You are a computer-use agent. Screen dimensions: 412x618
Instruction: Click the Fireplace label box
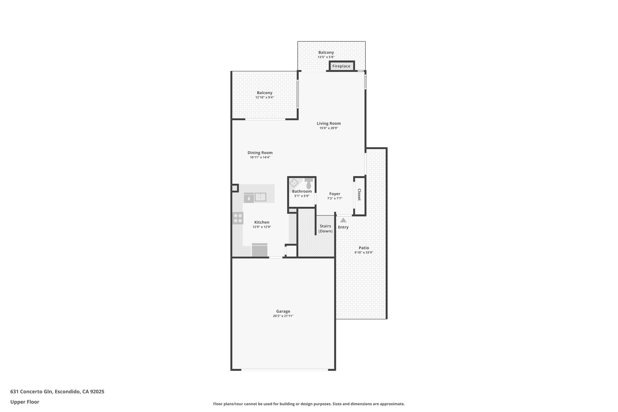tap(341, 66)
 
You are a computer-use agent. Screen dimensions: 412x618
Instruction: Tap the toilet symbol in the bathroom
tap(308, 184)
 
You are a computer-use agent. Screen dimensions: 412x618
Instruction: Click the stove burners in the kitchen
tap(238, 218)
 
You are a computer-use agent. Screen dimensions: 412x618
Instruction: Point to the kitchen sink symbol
tap(260, 197)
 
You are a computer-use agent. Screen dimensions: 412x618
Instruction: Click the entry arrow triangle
tap(343, 220)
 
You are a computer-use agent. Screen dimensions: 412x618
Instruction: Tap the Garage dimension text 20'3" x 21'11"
tap(283, 316)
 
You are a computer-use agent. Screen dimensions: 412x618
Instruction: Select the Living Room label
tap(329, 123)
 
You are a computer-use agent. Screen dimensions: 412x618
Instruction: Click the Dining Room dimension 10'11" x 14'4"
tap(260, 157)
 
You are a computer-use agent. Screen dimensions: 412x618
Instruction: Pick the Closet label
tap(359, 195)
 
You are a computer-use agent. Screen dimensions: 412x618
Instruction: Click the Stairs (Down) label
tap(325, 228)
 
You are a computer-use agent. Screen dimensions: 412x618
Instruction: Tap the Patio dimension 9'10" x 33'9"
tap(364, 252)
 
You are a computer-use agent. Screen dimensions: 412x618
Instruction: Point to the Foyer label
tap(335, 194)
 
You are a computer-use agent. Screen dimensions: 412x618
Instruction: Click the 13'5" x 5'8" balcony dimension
tap(326, 57)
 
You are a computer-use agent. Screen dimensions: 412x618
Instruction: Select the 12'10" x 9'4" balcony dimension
tap(264, 97)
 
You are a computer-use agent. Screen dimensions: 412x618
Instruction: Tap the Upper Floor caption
tap(25, 402)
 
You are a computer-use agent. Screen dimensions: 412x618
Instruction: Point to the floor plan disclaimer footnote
tap(309, 404)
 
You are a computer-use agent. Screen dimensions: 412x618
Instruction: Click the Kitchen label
tap(262, 222)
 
